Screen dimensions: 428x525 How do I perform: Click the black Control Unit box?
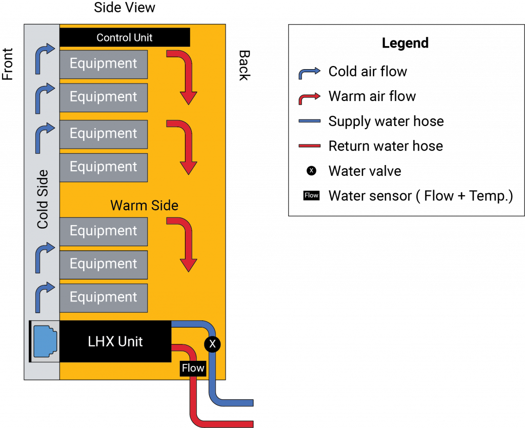[125, 37]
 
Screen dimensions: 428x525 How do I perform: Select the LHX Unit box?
[115, 341]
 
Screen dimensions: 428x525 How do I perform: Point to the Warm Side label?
[145, 206]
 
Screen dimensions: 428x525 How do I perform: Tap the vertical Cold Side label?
[42, 199]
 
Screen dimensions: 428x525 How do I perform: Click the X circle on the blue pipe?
[212, 344]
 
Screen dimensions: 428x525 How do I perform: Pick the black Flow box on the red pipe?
[193, 368]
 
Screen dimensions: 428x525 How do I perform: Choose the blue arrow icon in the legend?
[309, 74]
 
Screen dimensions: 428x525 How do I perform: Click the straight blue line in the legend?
[309, 121]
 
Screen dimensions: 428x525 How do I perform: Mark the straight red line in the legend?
[309, 146]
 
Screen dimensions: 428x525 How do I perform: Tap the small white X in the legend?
[311, 171]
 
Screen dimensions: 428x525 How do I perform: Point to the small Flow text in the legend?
[311, 195]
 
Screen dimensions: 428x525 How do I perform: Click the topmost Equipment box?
[104, 64]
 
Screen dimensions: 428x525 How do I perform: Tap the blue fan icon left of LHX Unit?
[45, 341]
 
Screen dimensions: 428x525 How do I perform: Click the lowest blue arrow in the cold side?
[43, 298]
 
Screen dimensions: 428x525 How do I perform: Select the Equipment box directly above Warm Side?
[104, 167]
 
